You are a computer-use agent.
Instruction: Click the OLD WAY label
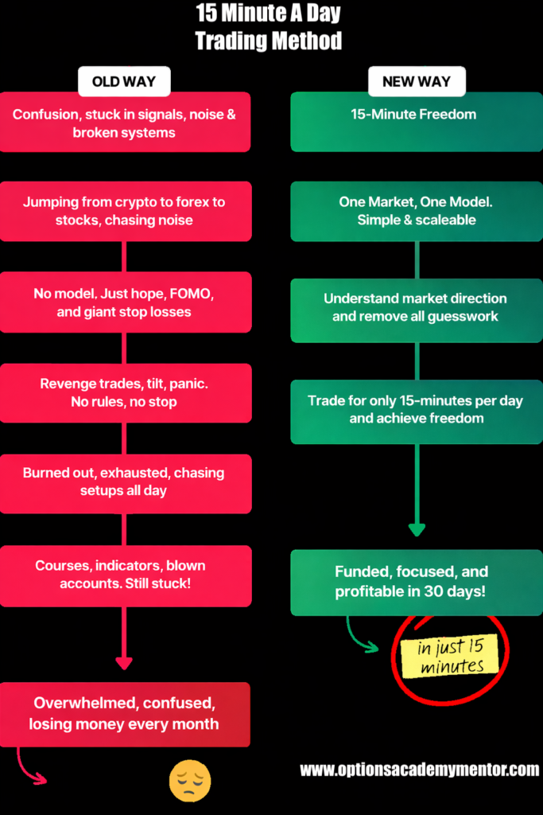[124, 81]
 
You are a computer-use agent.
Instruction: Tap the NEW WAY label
[417, 81]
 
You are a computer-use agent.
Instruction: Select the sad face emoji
[190, 780]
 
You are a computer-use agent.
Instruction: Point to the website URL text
[419, 770]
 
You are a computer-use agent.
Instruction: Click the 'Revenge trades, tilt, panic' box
[124, 393]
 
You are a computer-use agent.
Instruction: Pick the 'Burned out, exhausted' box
[124, 482]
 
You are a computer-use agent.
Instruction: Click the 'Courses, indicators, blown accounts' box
[124, 574]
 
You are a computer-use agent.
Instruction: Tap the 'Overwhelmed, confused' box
[124, 714]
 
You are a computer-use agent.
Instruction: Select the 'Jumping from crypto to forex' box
[124, 211]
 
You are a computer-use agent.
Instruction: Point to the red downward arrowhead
[124, 662]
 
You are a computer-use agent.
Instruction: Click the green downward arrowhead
[417, 529]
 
